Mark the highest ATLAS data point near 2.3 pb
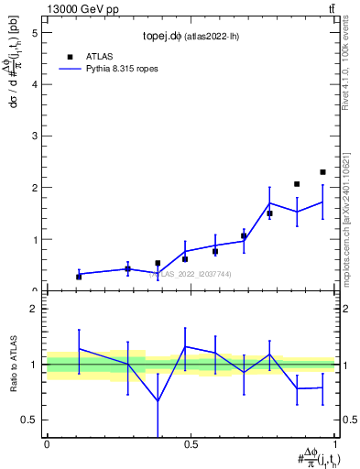pos(322,172)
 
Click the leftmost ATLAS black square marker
pos(79,276)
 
